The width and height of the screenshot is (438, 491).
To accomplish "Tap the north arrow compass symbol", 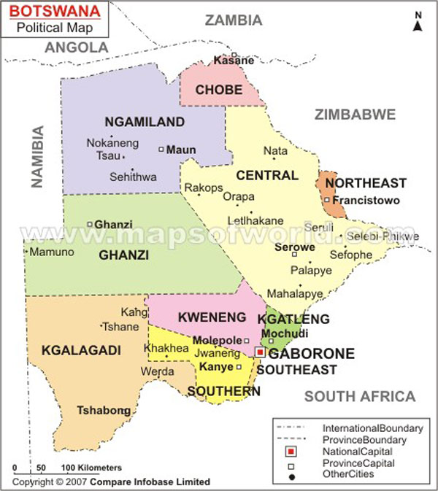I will tap(418, 23).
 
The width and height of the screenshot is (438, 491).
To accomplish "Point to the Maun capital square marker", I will tap(161, 150).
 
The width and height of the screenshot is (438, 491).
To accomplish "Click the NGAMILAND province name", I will tap(144, 122).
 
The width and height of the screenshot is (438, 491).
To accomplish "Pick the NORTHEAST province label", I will tap(365, 182).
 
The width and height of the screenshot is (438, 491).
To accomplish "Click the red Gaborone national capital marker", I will tap(260, 352).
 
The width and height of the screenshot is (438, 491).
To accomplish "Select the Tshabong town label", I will tap(101, 410).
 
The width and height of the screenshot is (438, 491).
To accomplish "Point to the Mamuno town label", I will tap(50, 252).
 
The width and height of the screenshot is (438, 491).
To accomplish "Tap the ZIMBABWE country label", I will tap(355, 114).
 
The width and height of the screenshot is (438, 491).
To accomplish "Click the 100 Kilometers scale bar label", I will tap(91, 467).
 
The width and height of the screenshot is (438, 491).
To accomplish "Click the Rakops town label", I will tap(203, 187).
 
